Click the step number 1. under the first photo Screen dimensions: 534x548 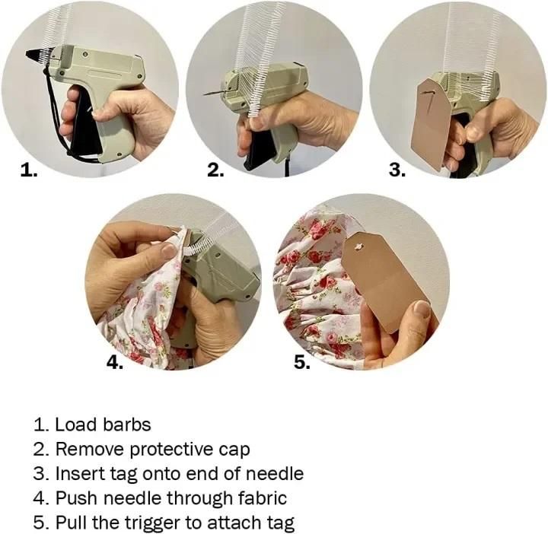coord(28,171)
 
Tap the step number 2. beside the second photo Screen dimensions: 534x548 coord(216,170)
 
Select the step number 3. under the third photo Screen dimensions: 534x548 coord(397,170)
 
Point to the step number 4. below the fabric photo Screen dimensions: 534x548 coord(114,363)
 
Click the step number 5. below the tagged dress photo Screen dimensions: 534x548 coord(302,363)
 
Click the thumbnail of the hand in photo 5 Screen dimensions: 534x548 coord(421,309)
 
